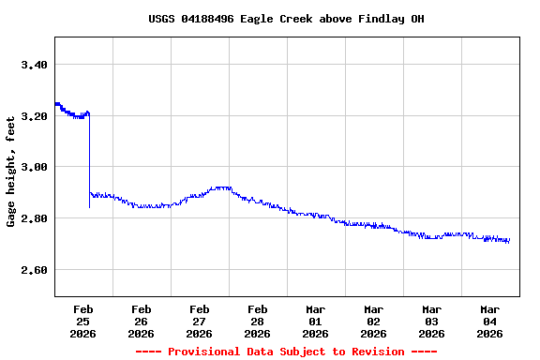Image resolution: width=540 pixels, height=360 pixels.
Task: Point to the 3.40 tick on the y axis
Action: coord(34,65)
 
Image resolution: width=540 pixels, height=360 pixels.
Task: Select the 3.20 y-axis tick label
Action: coord(34,116)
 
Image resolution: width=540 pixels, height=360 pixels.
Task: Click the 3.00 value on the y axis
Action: coord(34,167)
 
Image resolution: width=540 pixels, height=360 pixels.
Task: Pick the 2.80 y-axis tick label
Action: coord(34,218)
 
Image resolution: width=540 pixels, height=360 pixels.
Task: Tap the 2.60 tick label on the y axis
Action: coord(34,270)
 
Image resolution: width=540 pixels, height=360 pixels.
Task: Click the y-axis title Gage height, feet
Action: coord(11,172)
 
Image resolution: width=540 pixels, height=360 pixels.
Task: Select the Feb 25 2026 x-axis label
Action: coord(82,321)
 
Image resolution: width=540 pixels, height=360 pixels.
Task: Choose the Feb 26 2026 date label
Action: coord(141,321)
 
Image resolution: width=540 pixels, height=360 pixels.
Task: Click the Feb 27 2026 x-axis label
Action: coord(199,321)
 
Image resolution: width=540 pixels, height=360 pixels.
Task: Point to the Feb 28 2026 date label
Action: coord(257,321)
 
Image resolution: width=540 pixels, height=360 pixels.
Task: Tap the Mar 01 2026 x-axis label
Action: coord(315,321)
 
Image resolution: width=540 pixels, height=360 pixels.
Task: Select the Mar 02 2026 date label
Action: coord(373,321)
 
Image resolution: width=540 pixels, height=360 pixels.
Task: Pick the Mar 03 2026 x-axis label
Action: coord(431,321)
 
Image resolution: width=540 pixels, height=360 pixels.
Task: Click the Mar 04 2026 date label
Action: coord(489,321)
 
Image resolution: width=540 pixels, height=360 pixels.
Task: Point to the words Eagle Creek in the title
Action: coord(292,19)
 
